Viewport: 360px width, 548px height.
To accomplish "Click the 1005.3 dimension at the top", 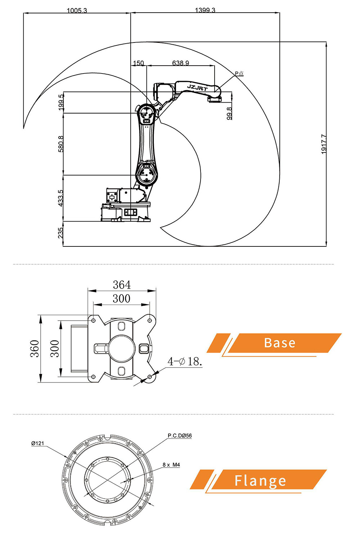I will coord(77,10).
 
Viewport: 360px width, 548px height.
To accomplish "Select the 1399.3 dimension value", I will coord(205,10).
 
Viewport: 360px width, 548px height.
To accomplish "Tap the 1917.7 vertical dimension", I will coord(324,144).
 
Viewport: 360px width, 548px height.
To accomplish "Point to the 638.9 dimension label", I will coord(180,63).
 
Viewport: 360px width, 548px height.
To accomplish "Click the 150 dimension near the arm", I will coord(138,63).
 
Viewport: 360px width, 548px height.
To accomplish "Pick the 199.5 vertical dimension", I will coord(61,102).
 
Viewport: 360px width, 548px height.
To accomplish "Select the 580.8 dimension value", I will coord(61,144).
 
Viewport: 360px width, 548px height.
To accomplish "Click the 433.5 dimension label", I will coord(61,198).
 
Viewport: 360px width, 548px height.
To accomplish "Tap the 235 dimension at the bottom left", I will coord(61,232).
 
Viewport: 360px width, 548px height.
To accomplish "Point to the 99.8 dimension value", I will coord(229,113).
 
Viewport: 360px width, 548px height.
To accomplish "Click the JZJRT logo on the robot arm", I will coord(197,87).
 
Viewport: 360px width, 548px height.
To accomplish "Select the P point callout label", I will coord(239,73).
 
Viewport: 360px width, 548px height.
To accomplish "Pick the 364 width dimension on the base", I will coord(122,285).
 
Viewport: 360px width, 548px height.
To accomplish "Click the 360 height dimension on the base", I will coord(35,348).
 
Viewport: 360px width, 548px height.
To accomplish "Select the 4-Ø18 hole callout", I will coord(184,361).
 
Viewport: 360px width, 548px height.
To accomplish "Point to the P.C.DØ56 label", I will coord(180,435).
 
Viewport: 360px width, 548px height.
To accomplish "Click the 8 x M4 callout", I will coord(171,464).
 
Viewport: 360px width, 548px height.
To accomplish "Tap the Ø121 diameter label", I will coord(37,443).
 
